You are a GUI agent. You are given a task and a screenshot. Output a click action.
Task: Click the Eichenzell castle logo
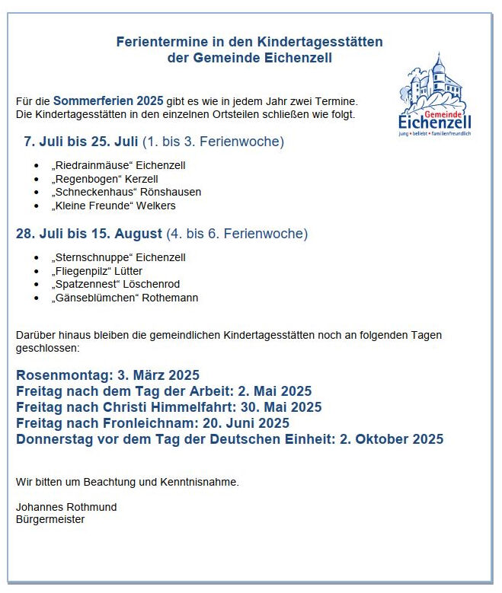tap(435, 94)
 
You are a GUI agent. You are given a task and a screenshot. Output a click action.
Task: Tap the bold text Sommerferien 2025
tap(108, 100)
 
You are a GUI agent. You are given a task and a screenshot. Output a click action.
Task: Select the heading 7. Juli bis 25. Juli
tap(81, 142)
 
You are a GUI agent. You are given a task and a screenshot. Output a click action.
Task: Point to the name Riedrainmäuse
tap(92, 165)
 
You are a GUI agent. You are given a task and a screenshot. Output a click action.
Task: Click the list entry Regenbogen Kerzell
tap(104, 179)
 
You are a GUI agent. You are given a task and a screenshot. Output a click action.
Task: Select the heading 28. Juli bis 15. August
tap(89, 234)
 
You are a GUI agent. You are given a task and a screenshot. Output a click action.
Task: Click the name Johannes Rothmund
tap(66, 507)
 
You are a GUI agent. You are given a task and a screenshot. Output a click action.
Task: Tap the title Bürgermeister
tap(50, 520)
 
